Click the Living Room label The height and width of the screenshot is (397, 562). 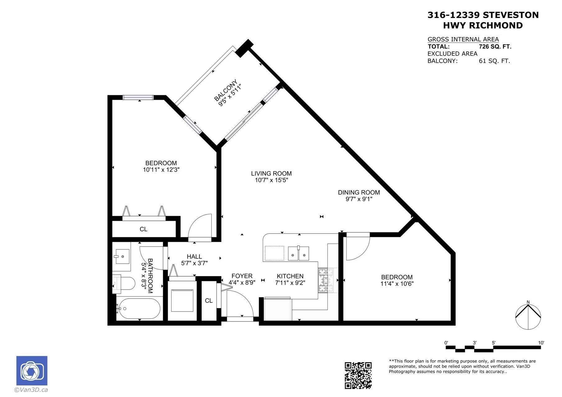(271, 174)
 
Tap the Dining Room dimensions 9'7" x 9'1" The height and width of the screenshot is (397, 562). (359, 199)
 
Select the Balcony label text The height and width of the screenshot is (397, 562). (226, 90)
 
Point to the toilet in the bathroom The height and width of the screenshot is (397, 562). (124, 283)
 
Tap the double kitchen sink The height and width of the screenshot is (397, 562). (299, 253)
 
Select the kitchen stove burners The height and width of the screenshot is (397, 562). (326, 281)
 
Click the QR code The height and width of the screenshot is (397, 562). (358, 375)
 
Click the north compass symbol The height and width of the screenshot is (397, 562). (528, 316)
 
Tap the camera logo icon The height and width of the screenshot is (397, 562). (32, 371)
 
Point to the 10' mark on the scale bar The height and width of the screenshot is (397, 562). (541, 343)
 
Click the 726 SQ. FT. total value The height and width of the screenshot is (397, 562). (495, 47)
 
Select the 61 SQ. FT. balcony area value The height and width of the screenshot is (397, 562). (494, 61)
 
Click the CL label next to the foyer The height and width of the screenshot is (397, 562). (209, 300)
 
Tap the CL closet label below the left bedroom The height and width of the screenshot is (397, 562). (143, 229)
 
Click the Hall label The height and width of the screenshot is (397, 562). (194, 256)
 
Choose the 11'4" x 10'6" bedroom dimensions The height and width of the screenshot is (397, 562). (397, 284)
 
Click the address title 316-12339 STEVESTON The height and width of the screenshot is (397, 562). (483, 15)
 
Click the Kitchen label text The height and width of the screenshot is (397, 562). (290, 276)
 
